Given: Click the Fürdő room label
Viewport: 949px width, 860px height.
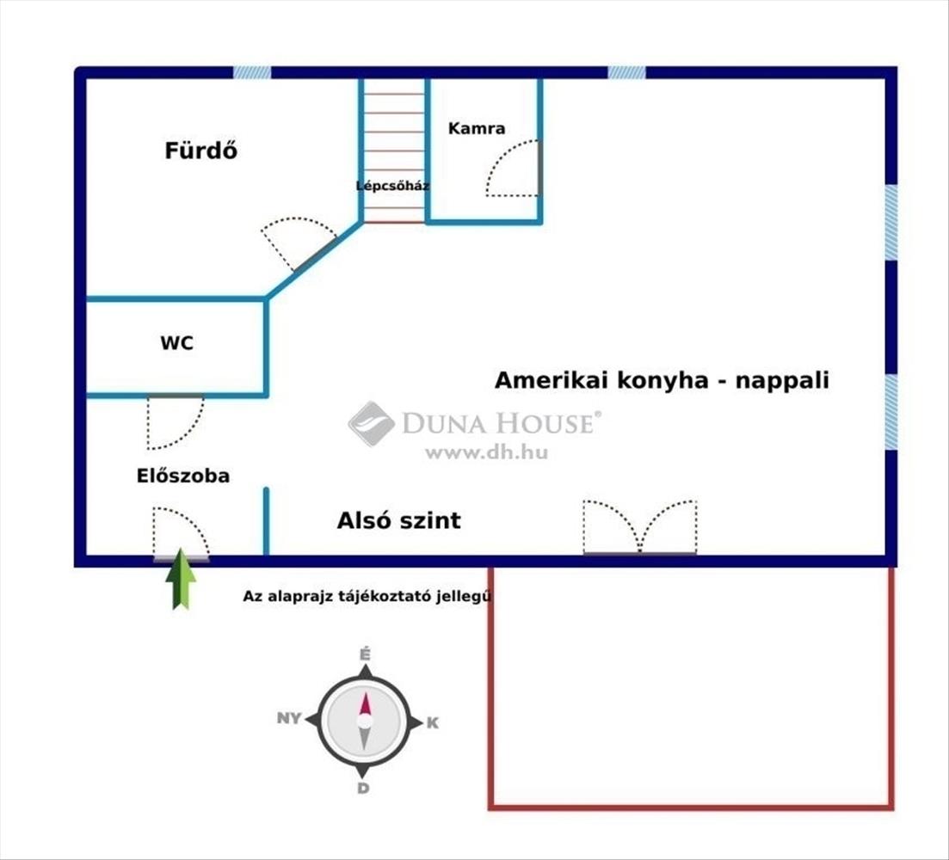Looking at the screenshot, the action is tap(201, 150).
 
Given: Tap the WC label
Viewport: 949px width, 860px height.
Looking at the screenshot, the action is tap(176, 343).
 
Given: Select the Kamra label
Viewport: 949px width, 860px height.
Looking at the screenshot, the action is tap(477, 128).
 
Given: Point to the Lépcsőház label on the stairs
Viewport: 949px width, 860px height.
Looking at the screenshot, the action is tap(392, 186).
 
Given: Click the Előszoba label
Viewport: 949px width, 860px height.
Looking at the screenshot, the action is tap(182, 476).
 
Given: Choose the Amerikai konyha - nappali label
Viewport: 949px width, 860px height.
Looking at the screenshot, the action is tap(662, 380).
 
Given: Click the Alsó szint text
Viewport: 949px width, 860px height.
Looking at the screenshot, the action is tap(399, 520).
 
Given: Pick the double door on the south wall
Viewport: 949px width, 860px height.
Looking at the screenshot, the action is tap(640, 527).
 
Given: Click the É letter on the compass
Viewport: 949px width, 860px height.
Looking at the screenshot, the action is tap(365, 654).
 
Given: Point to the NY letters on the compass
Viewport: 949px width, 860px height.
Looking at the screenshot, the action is tap(289, 718).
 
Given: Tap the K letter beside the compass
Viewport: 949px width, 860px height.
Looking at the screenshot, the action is tap(433, 722).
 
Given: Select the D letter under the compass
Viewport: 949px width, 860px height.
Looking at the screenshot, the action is tap(363, 788).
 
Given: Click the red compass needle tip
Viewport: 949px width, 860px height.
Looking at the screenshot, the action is tap(365, 694).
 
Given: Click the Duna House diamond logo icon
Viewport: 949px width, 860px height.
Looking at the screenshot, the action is tap(372, 423).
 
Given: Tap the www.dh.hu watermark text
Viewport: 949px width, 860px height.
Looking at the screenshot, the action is tap(487, 452).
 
